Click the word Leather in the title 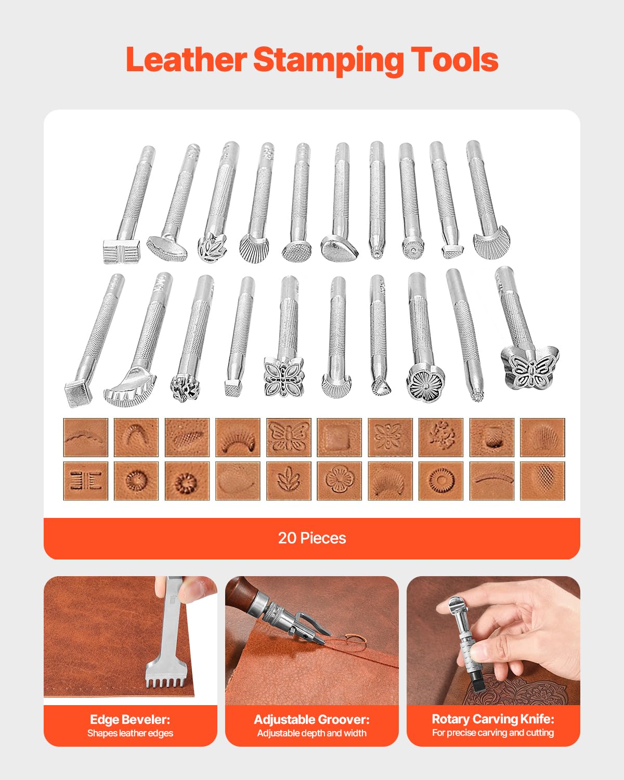(x=186, y=60)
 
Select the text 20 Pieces (x=312, y=538)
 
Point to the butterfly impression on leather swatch (x=289, y=437)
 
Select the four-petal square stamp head (x=283, y=376)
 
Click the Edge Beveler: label (x=130, y=720)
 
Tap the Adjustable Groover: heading (x=311, y=720)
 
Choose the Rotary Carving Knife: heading (x=493, y=719)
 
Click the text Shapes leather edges (x=130, y=733)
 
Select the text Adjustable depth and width (x=311, y=733)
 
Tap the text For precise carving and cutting (x=493, y=733)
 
